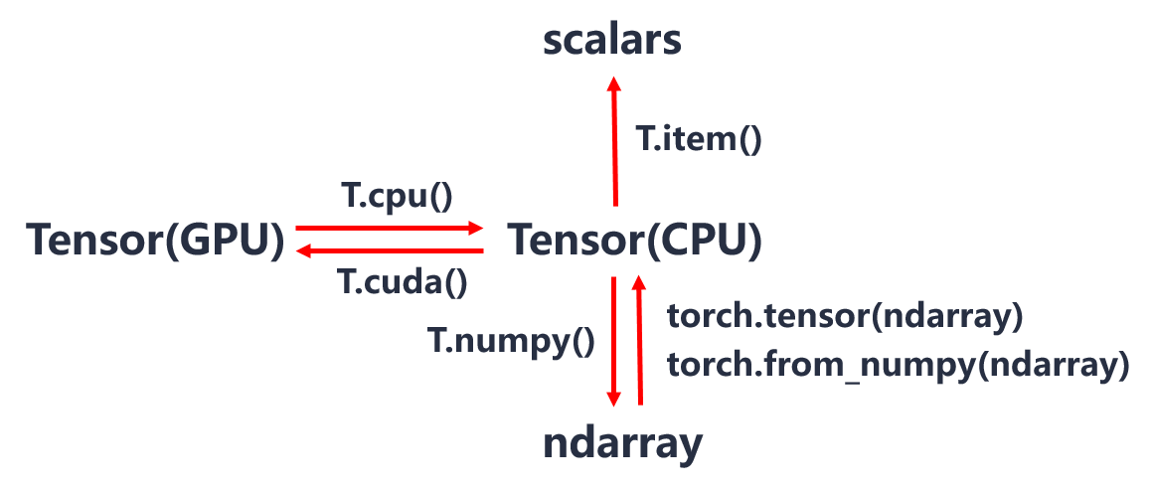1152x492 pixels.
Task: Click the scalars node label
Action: [611, 42]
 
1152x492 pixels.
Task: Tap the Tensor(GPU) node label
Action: [156, 241]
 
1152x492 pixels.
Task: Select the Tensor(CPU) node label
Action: [635, 241]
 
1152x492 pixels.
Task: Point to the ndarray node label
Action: [622, 443]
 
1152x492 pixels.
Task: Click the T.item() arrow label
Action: [699, 138]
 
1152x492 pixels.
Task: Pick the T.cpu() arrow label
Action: [398, 197]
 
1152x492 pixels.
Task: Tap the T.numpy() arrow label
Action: [512, 341]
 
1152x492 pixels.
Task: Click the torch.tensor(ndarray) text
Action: [845, 317]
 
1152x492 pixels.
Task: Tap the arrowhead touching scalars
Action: [614, 82]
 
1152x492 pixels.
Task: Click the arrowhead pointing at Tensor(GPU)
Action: [302, 251]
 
